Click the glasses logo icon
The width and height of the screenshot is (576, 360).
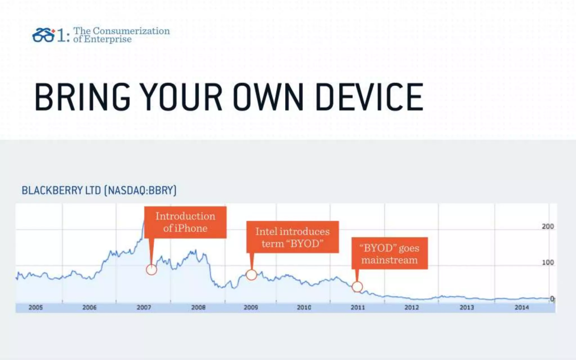tap(43, 36)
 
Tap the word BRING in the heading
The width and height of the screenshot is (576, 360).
tap(82, 97)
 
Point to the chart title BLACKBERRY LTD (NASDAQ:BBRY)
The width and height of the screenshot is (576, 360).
tap(99, 190)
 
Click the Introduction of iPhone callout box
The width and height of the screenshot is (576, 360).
tap(185, 222)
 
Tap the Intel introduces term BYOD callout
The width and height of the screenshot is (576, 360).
tap(292, 237)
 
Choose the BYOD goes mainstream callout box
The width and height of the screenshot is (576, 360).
tap(390, 253)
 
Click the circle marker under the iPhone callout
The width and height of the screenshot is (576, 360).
tap(151, 270)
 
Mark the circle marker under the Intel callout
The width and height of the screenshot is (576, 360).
tap(251, 275)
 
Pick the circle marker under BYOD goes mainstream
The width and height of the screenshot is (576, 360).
tap(357, 287)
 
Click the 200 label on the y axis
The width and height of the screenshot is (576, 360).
tap(548, 226)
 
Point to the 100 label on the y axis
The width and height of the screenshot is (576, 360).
tap(548, 262)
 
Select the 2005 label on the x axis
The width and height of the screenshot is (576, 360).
tap(36, 307)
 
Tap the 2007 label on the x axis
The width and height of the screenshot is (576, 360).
tap(144, 307)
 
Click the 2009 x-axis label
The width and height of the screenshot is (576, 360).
tap(251, 307)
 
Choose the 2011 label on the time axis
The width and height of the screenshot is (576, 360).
tap(358, 307)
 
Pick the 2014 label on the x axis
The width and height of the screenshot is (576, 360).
tap(521, 307)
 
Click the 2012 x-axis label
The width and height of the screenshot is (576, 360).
tap(412, 307)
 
